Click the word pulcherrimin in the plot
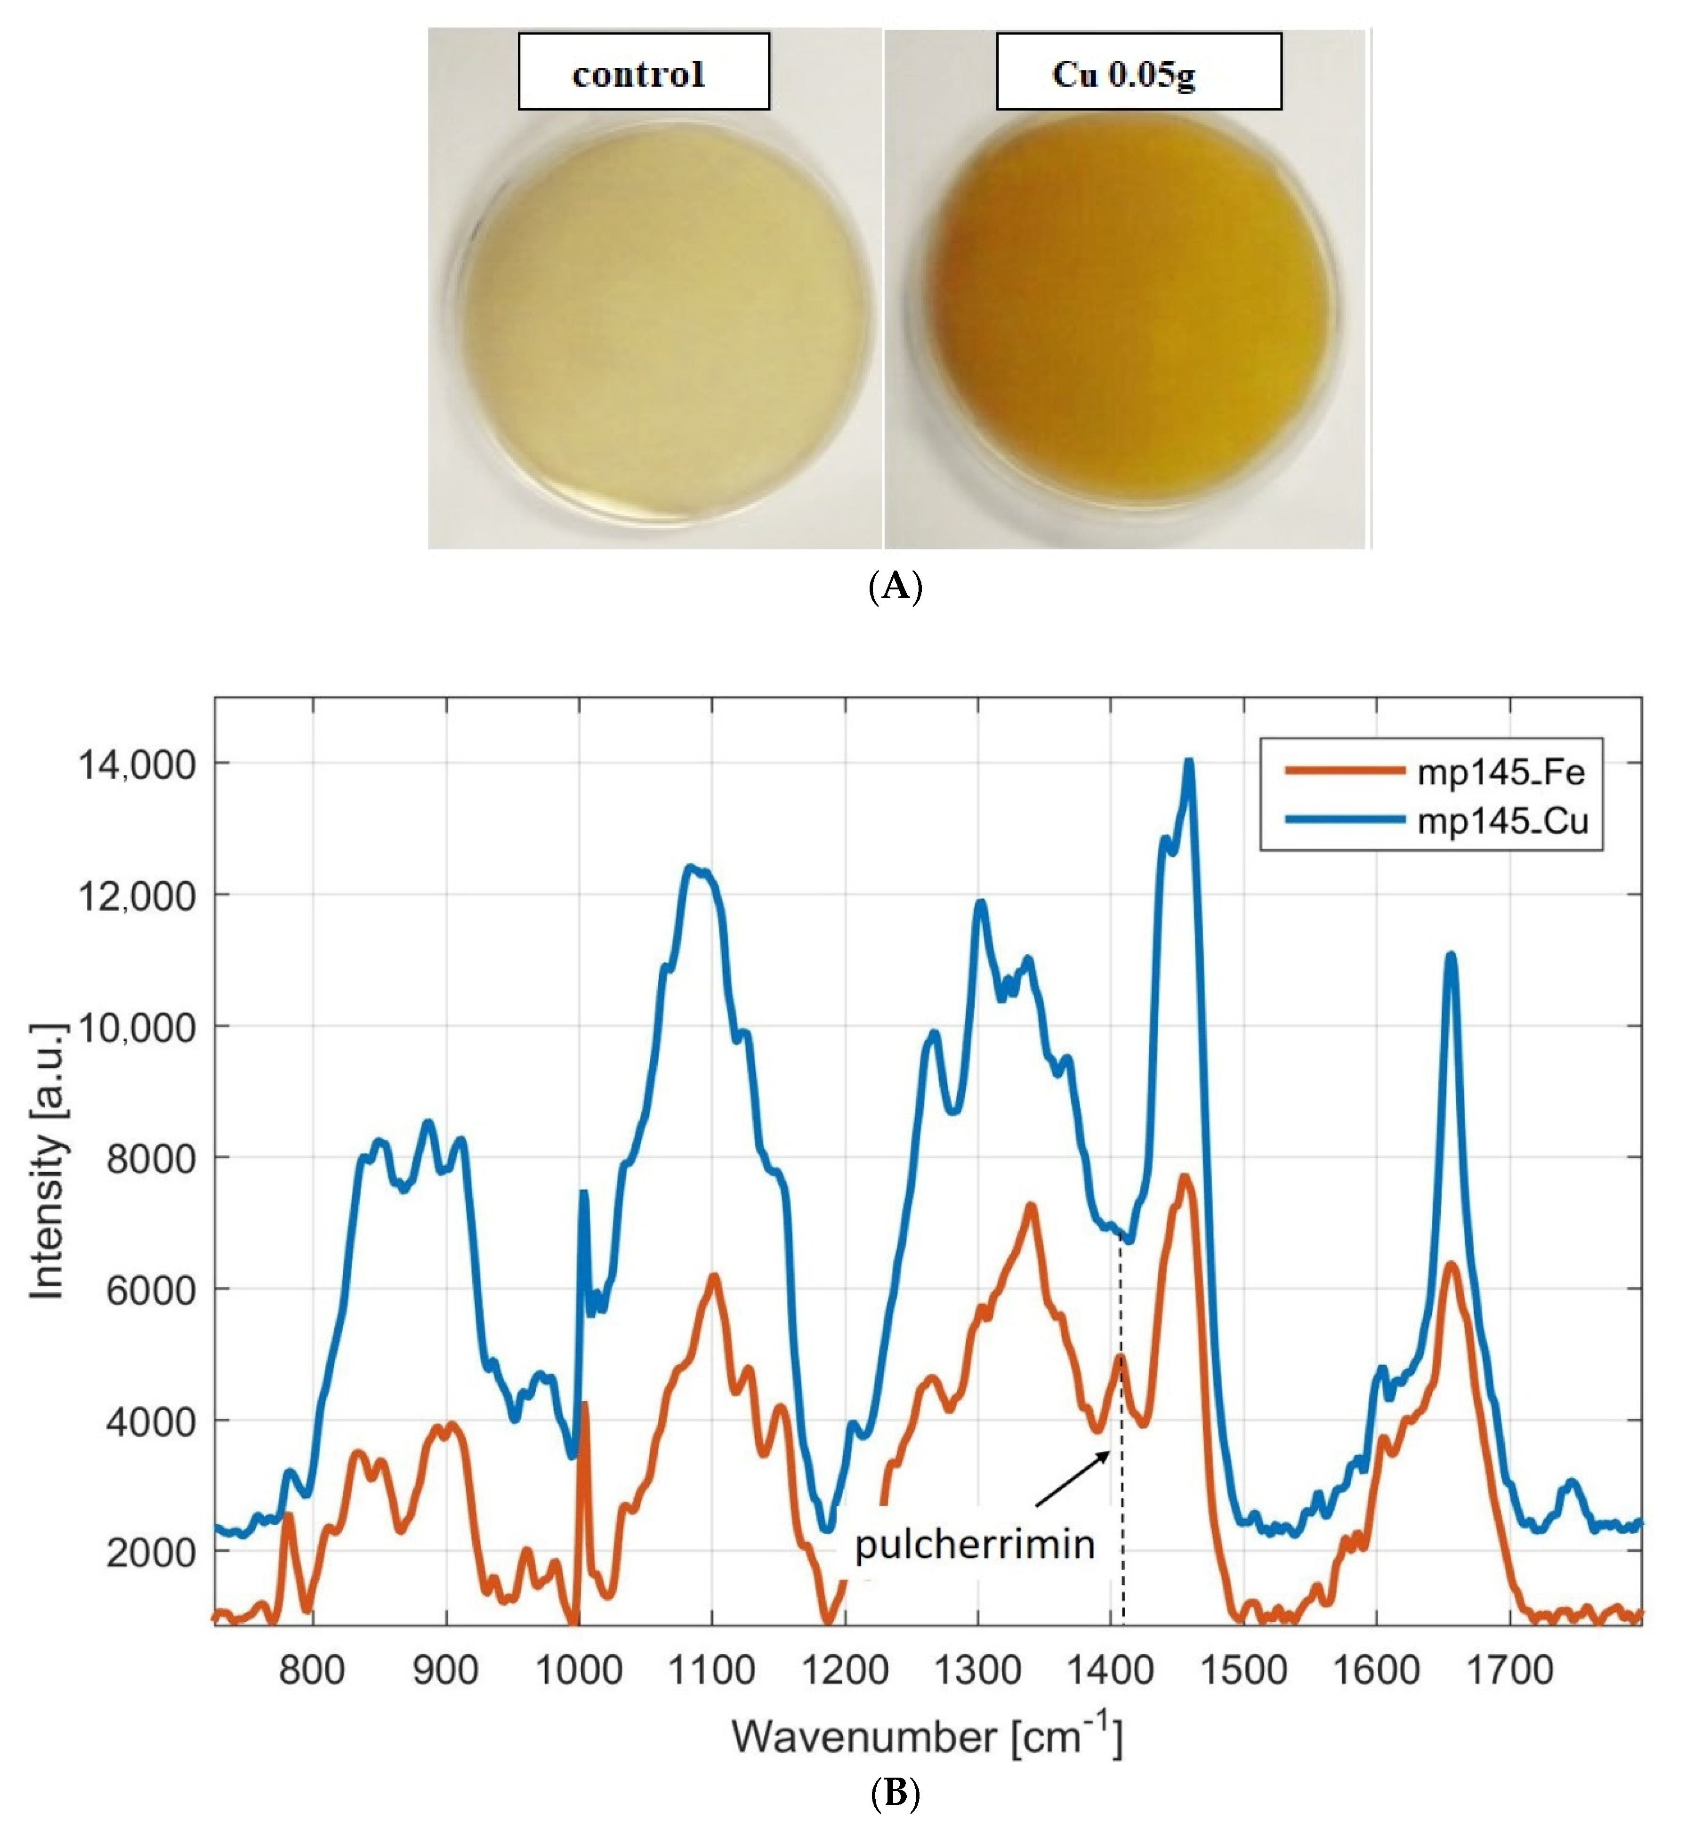click(x=975, y=1544)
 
